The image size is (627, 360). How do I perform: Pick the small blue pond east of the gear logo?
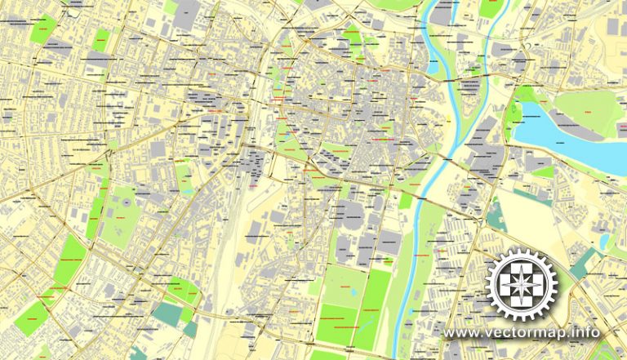coord(603,242)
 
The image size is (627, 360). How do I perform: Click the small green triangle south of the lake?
coord(544,172)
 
